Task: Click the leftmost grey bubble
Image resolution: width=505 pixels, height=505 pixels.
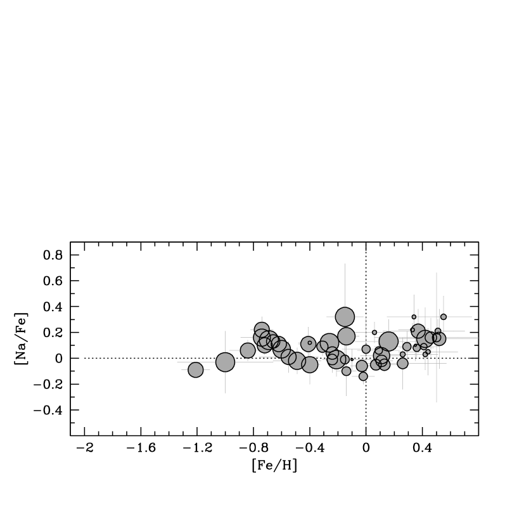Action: coord(196,369)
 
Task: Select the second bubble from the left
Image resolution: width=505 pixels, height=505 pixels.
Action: coord(225,362)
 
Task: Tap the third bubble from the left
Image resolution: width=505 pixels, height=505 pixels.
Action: coord(248,350)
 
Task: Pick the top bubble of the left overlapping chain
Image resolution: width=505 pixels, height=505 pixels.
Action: coord(262,329)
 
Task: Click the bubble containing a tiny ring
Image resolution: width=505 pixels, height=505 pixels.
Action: coord(309,343)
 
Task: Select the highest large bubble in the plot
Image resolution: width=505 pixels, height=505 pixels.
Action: coord(345,317)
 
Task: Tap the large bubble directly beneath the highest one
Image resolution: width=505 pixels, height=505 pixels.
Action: coord(346,336)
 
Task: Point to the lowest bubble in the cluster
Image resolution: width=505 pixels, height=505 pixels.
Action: coord(363,376)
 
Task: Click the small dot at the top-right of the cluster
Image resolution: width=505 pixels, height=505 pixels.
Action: coord(444,317)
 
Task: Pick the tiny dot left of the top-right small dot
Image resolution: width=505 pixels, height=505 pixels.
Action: coord(414,317)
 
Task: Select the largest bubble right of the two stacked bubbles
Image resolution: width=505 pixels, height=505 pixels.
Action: coord(388,342)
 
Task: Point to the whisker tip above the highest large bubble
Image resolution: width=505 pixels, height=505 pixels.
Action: coord(345,264)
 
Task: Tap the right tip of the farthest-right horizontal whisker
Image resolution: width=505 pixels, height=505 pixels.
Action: coord(478,338)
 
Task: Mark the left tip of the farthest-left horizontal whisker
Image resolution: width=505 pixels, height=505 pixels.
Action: coord(177,362)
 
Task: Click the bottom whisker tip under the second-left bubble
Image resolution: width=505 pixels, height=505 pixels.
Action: coord(225,393)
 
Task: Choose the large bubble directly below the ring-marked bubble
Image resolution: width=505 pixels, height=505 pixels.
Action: coord(309,364)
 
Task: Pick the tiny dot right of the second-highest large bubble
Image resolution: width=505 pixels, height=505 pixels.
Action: coord(374,332)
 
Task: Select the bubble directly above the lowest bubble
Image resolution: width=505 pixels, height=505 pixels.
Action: coord(362,366)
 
